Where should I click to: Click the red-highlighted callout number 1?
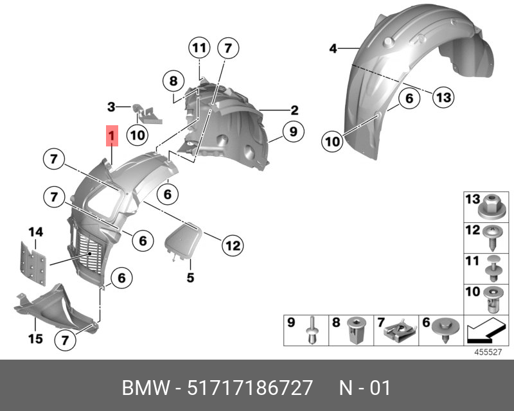click(112, 136)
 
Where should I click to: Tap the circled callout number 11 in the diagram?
click(199, 48)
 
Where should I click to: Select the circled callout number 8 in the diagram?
click(173, 81)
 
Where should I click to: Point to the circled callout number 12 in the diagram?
click(233, 245)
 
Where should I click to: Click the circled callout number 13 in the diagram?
click(443, 98)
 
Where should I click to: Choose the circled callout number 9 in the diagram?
click(293, 132)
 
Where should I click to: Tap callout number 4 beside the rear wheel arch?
click(333, 49)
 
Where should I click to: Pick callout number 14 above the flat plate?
click(36, 232)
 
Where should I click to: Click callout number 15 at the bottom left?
click(35, 338)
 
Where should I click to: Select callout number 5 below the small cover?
click(190, 277)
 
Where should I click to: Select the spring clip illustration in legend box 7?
click(400, 331)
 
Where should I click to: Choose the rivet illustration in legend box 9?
click(312, 330)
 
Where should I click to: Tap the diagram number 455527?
click(488, 352)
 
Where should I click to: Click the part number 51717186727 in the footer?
click(250, 388)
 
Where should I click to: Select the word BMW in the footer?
click(146, 388)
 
